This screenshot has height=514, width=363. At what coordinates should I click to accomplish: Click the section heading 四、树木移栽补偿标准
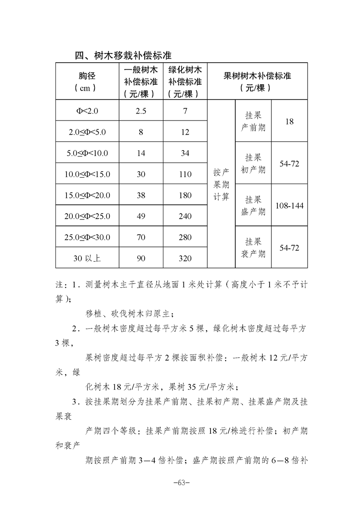[123, 56]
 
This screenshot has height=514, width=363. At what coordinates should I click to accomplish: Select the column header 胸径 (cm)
[87, 82]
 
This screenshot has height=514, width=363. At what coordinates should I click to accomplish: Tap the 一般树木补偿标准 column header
[141, 82]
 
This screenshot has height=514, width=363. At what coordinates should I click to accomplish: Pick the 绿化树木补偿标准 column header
[185, 82]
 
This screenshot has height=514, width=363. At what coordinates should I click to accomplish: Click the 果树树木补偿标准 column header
[257, 82]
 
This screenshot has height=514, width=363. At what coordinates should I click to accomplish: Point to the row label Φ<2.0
[87, 111]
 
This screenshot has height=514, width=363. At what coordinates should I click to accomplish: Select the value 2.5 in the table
[141, 111]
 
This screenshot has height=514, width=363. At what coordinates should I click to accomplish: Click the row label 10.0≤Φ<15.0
[87, 174]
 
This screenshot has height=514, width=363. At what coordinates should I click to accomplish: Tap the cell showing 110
[185, 174]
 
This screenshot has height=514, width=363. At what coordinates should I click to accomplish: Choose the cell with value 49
[141, 216]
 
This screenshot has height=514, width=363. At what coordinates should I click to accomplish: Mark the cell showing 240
[185, 216]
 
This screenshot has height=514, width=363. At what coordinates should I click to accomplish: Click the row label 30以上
[87, 258]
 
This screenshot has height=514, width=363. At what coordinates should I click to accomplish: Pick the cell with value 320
[185, 258]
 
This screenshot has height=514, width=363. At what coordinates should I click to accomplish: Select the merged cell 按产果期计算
[221, 184]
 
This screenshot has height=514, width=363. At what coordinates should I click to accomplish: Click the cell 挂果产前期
[253, 121]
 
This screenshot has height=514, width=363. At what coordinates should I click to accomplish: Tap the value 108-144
[289, 206]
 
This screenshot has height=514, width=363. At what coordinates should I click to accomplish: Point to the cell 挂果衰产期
[253, 247]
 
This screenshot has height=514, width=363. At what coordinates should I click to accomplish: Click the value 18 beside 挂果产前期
[289, 121]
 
